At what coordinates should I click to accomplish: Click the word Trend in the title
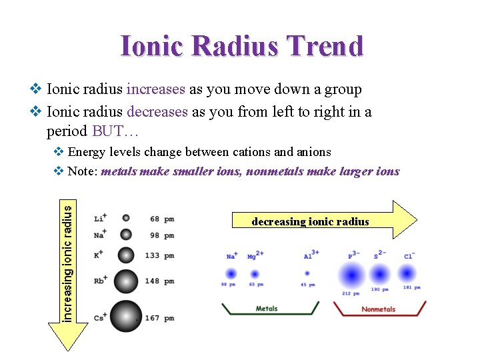pos(326,47)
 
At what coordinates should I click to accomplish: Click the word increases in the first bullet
pos(157,89)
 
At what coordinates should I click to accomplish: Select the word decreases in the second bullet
pos(157,111)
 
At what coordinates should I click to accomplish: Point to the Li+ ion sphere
pos(125,218)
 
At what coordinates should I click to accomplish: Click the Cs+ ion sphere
pos(125,317)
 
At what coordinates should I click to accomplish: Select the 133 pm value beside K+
pos(159,255)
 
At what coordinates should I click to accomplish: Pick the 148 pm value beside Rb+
pos(159,281)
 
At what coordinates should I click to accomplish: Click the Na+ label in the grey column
pos(100,235)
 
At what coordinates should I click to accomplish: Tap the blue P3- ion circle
pos(353,274)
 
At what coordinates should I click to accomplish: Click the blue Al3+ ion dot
pos(307,273)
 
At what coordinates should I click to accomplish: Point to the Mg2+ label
pos(255,255)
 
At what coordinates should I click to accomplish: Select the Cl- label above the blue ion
pos(409,255)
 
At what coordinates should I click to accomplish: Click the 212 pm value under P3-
pos(351,293)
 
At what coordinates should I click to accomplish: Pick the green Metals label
pos(267,309)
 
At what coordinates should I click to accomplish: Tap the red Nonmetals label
pos(378,309)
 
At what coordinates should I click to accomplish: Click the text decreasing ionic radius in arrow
pos(310,222)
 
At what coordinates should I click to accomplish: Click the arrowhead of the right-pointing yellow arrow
pos(406,219)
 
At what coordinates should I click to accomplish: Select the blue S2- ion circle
pos(379,274)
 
